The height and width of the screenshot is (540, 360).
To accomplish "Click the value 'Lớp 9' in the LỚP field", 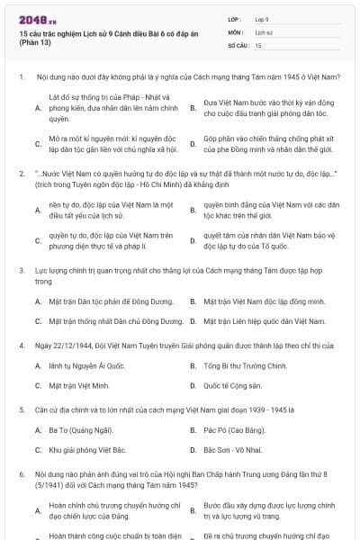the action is [x=262, y=18].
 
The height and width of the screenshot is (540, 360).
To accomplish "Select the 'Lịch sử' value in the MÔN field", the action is [x=264, y=31].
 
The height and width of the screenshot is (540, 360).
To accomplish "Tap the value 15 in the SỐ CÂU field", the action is [x=258, y=44].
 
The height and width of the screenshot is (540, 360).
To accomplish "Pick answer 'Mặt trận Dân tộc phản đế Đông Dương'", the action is [x=104, y=301].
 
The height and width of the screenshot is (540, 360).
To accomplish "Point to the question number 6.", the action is [x=21, y=472].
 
